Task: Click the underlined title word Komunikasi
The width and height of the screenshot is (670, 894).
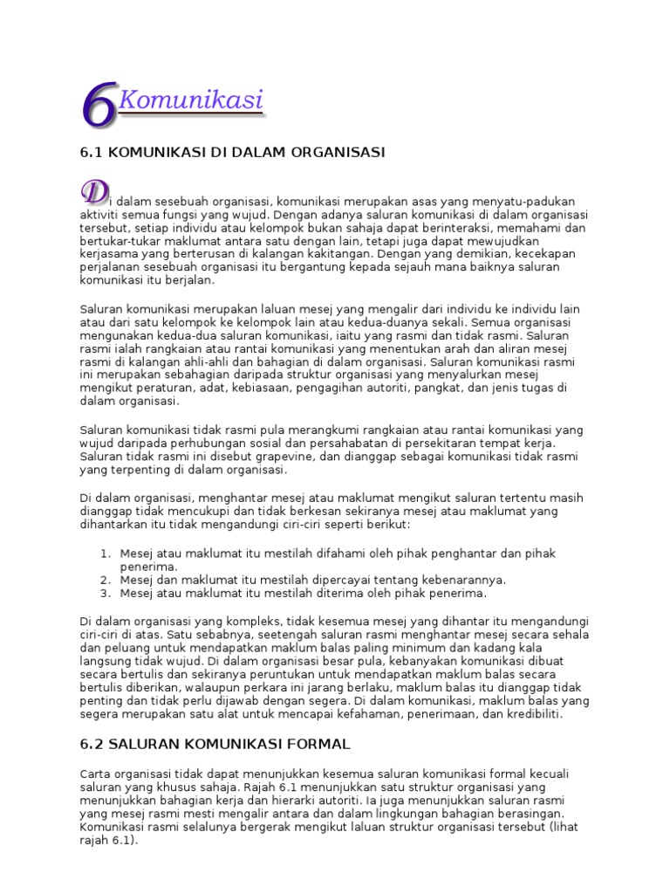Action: point(190,101)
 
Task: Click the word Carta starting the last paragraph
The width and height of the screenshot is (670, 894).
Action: point(95,774)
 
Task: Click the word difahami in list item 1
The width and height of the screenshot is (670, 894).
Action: point(338,554)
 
